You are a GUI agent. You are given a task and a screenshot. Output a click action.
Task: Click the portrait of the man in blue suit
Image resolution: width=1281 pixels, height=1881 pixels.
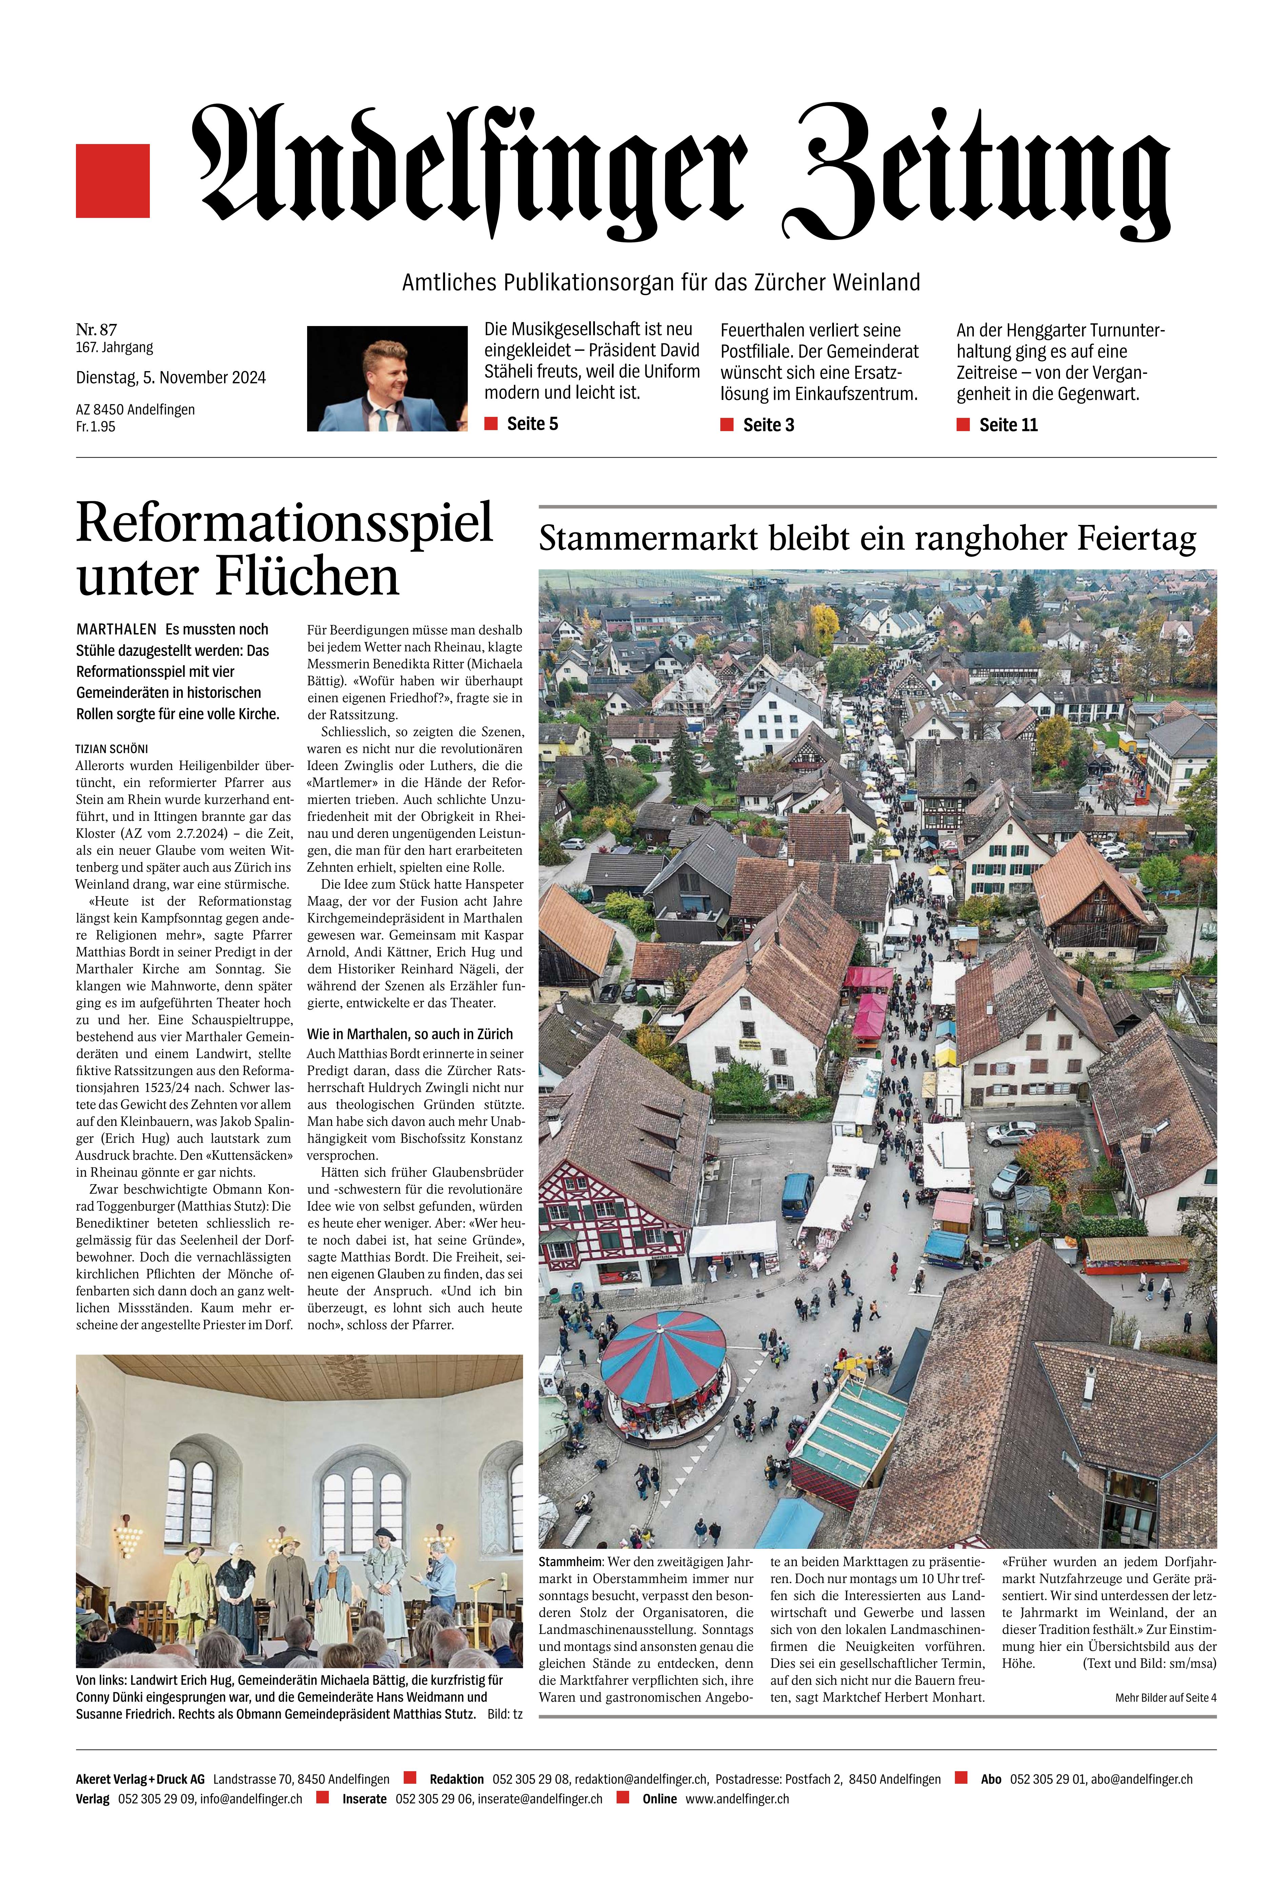pyautogui.click(x=386, y=378)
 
